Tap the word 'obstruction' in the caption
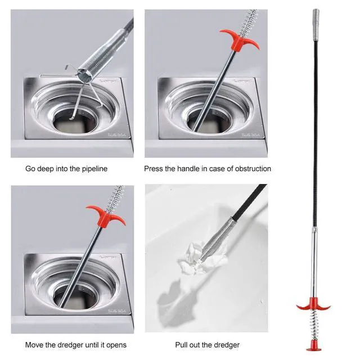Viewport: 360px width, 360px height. tap(253, 169)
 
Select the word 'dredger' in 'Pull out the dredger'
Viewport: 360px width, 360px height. tap(227, 345)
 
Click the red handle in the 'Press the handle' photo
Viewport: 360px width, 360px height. tap(240, 40)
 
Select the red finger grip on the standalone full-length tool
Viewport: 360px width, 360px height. tap(313, 304)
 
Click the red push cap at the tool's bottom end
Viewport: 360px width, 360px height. tap(314, 346)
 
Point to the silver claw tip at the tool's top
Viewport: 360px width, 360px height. tap(316, 25)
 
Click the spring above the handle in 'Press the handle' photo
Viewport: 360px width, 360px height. tap(249, 22)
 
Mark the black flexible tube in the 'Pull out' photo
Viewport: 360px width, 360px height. tap(249, 201)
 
